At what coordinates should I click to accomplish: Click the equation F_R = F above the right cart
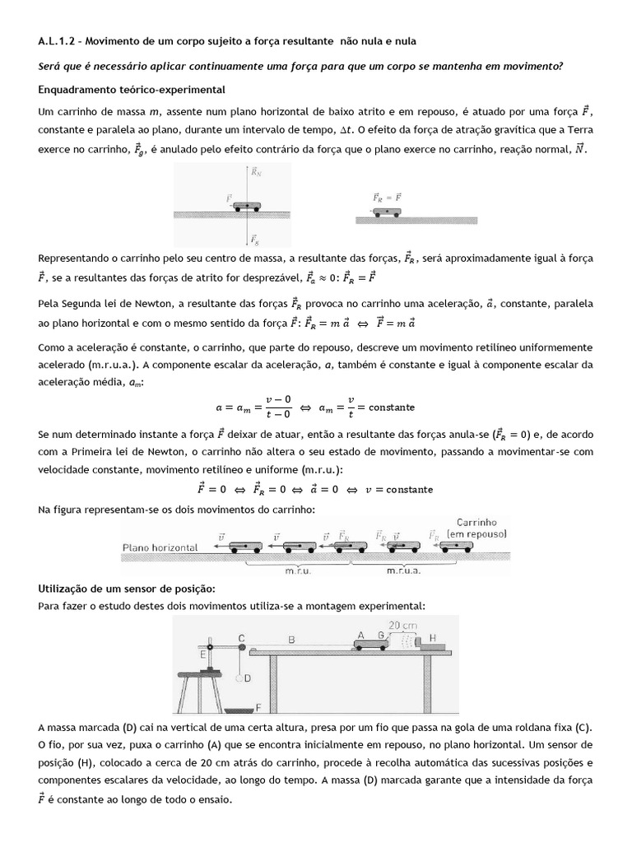point(387,198)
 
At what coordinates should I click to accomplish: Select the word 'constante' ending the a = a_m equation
point(392,407)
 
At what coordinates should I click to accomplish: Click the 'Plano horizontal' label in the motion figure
point(163,546)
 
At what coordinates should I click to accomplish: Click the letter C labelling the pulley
point(242,637)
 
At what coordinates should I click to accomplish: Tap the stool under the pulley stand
point(200,687)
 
